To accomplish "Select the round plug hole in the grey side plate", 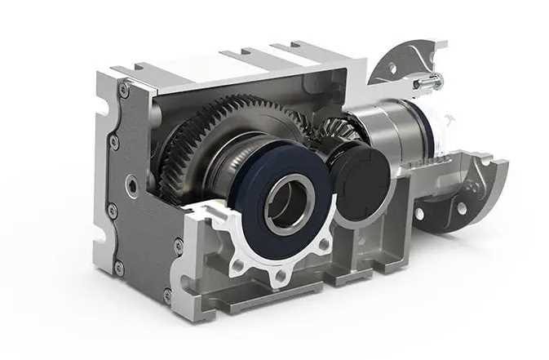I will pyautogui.click(x=131, y=187).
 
